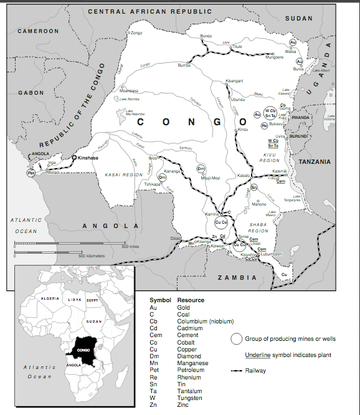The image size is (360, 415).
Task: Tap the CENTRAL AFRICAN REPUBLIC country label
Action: pos(149,12)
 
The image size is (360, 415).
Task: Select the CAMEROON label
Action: pos(38,31)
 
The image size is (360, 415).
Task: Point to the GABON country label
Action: pos(31,93)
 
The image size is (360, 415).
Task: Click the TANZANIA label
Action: pos(315,161)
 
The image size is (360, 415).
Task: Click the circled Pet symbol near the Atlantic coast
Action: pos(31,173)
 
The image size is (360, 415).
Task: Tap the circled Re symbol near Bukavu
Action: pos(264,125)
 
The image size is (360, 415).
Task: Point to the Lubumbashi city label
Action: pos(272,254)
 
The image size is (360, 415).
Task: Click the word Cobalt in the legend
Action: pos(186,343)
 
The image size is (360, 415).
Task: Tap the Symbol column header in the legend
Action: pos(160,300)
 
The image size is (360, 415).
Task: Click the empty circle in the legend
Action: pos(236,339)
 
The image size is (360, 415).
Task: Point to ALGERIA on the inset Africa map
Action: pos(50,299)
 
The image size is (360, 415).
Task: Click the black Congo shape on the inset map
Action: pos(83,349)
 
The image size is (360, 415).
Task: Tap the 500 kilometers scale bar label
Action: pos(92,255)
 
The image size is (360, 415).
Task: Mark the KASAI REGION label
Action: pos(124,175)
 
